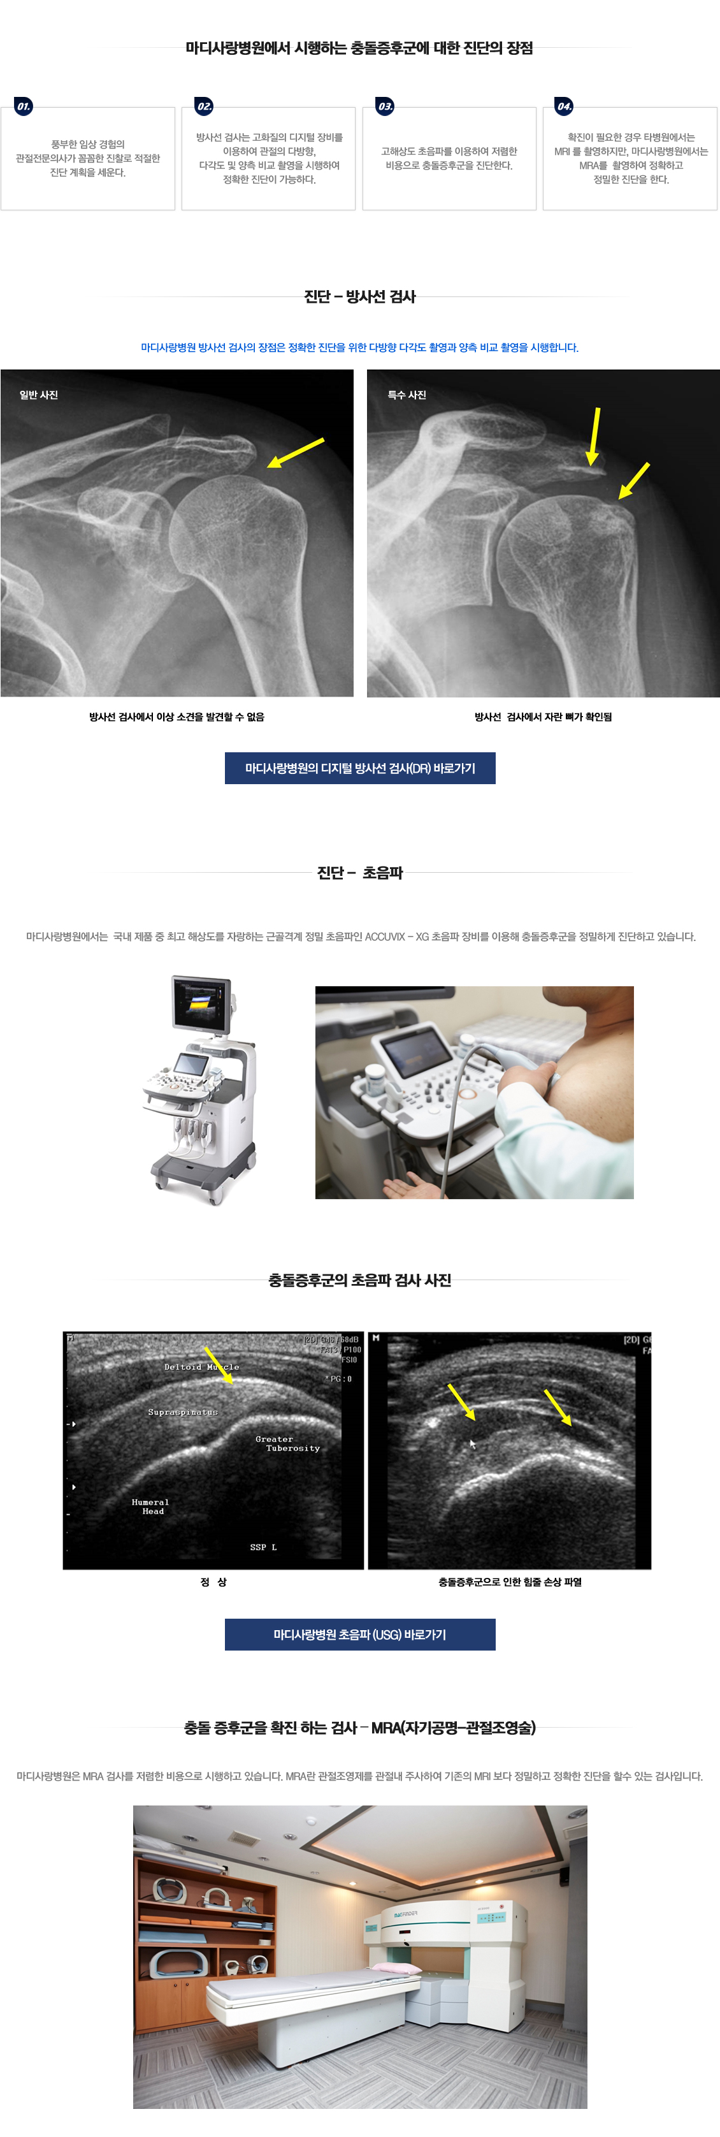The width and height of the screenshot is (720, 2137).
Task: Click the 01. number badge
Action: pyautogui.click(x=23, y=106)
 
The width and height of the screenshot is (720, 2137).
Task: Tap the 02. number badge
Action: pyautogui.click(x=204, y=106)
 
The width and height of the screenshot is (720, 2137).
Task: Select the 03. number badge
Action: pyautogui.click(x=385, y=106)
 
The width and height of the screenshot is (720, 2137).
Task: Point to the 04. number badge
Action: pyautogui.click(x=564, y=106)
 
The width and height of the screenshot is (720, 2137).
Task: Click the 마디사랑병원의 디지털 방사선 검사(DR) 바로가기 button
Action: pyautogui.click(x=360, y=768)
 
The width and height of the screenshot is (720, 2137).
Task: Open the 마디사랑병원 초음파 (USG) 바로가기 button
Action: pyautogui.click(x=360, y=1634)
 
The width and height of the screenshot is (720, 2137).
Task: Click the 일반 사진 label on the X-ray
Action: pyautogui.click(x=39, y=395)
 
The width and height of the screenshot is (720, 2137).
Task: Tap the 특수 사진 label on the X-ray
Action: pyautogui.click(x=407, y=395)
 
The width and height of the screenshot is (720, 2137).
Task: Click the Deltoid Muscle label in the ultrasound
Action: pyautogui.click(x=201, y=1367)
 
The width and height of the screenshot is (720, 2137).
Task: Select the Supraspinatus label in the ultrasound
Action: pyautogui.click(x=182, y=1412)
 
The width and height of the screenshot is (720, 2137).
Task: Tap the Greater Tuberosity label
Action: pyautogui.click(x=287, y=1443)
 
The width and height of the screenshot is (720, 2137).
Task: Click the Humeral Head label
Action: pyautogui.click(x=150, y=1506)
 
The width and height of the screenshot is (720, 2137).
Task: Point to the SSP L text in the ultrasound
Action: pyautogui.click(x=263, y=1547)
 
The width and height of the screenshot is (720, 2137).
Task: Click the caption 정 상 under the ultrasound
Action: pyautogui.click(x=213, y=1582)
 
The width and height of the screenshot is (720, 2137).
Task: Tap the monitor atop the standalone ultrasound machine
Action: pyautogui.click(x=201, y=1003)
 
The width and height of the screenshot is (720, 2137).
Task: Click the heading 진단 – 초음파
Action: pyautogui.click(x=360, y=873)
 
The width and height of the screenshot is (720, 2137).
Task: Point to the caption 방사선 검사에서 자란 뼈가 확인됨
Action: pyautogui.click(x=544, y=717)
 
